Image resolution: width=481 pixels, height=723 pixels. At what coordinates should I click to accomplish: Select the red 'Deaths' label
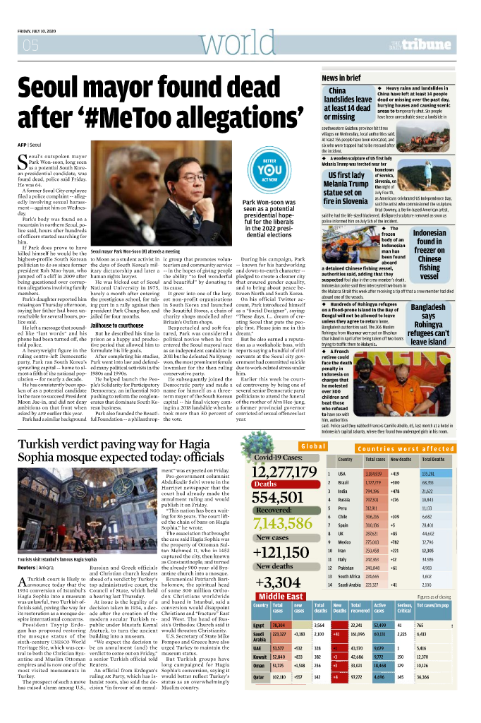266,484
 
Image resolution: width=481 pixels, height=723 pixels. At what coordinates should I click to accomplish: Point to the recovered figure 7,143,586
282,523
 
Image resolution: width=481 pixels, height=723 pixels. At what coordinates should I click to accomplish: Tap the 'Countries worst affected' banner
404,448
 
